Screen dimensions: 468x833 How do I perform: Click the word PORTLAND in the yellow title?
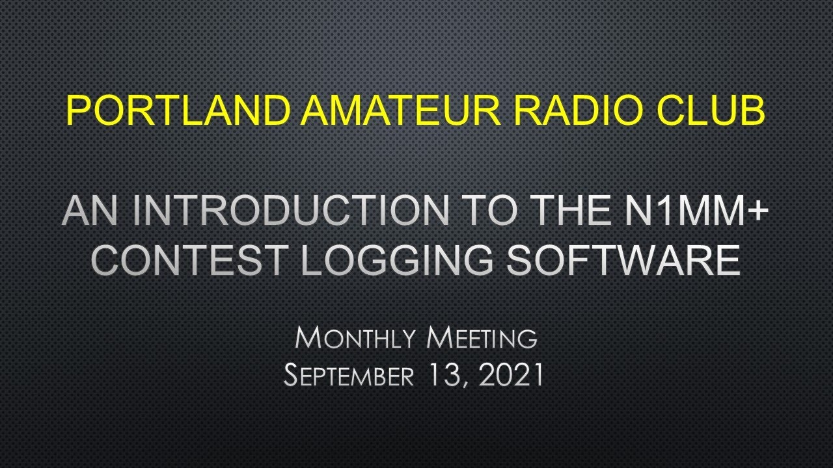coord(177,110)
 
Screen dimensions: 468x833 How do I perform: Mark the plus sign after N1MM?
coord(756,211)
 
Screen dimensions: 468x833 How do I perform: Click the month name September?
coord(348,376)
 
